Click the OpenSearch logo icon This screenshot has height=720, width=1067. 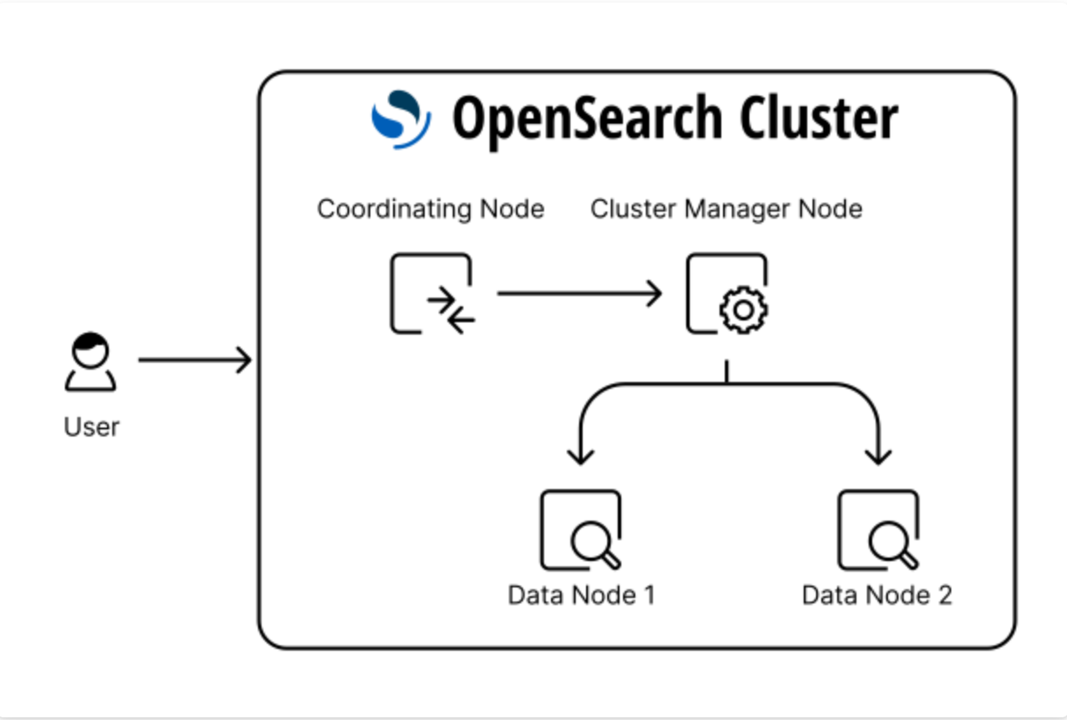point(401,119)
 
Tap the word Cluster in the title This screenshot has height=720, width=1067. point(818,119)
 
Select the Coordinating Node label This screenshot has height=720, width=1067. point(430,209)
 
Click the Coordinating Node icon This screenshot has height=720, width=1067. point(431,293)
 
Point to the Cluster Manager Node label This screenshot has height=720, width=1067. point(726,209)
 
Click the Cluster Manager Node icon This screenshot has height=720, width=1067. point(727,293)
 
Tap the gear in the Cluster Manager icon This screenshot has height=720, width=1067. point(743,310)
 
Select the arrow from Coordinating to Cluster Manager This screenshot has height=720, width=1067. point(579,293)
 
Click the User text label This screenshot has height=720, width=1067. point(91,428)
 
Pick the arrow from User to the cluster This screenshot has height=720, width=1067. point(195,360)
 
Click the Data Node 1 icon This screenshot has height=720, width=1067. point(581,529)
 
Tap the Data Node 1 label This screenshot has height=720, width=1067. point(581,595)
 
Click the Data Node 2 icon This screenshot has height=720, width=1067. point(877,529)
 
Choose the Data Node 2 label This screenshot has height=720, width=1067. point(877,595)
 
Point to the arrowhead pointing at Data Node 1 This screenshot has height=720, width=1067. point(580,455)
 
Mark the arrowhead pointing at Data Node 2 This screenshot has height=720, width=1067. point(877,455)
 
